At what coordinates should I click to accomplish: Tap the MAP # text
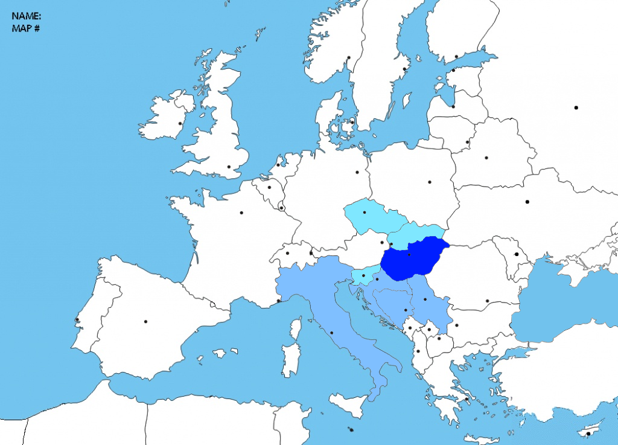25,28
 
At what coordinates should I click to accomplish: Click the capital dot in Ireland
180,124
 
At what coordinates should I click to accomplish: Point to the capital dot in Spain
145,321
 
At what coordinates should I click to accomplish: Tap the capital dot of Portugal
77,319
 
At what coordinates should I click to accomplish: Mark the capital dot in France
241,213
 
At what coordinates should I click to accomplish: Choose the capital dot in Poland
430,182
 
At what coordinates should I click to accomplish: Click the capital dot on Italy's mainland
332,333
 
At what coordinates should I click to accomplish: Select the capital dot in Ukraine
527,202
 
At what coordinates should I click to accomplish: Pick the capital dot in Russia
576,107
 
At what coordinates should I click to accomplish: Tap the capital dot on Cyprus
588,433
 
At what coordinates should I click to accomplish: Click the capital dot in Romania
486,301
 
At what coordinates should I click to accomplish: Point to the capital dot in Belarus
486,158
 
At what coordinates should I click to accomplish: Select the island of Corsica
296,330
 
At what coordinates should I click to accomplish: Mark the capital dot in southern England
229,167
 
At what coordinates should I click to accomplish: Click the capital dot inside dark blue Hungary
409,255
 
